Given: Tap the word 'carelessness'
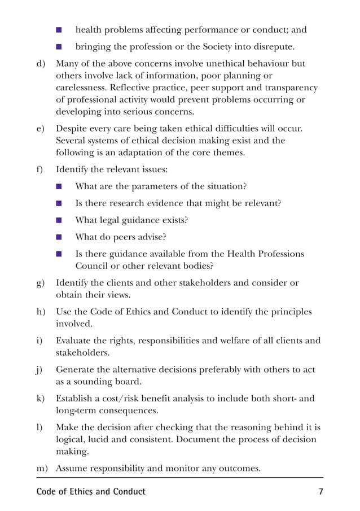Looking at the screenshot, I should [x=82, y=88].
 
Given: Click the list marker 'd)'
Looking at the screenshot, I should [x=41, y=64].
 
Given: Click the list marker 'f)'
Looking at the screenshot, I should [x=40, y=169].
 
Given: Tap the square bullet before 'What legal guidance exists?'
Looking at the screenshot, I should [x=59, y=220].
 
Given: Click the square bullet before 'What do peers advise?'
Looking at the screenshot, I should [x=59, y=237].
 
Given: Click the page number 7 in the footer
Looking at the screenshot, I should [x=321, y=491].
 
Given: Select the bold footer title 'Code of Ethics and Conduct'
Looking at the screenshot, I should [x=91, y=491].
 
